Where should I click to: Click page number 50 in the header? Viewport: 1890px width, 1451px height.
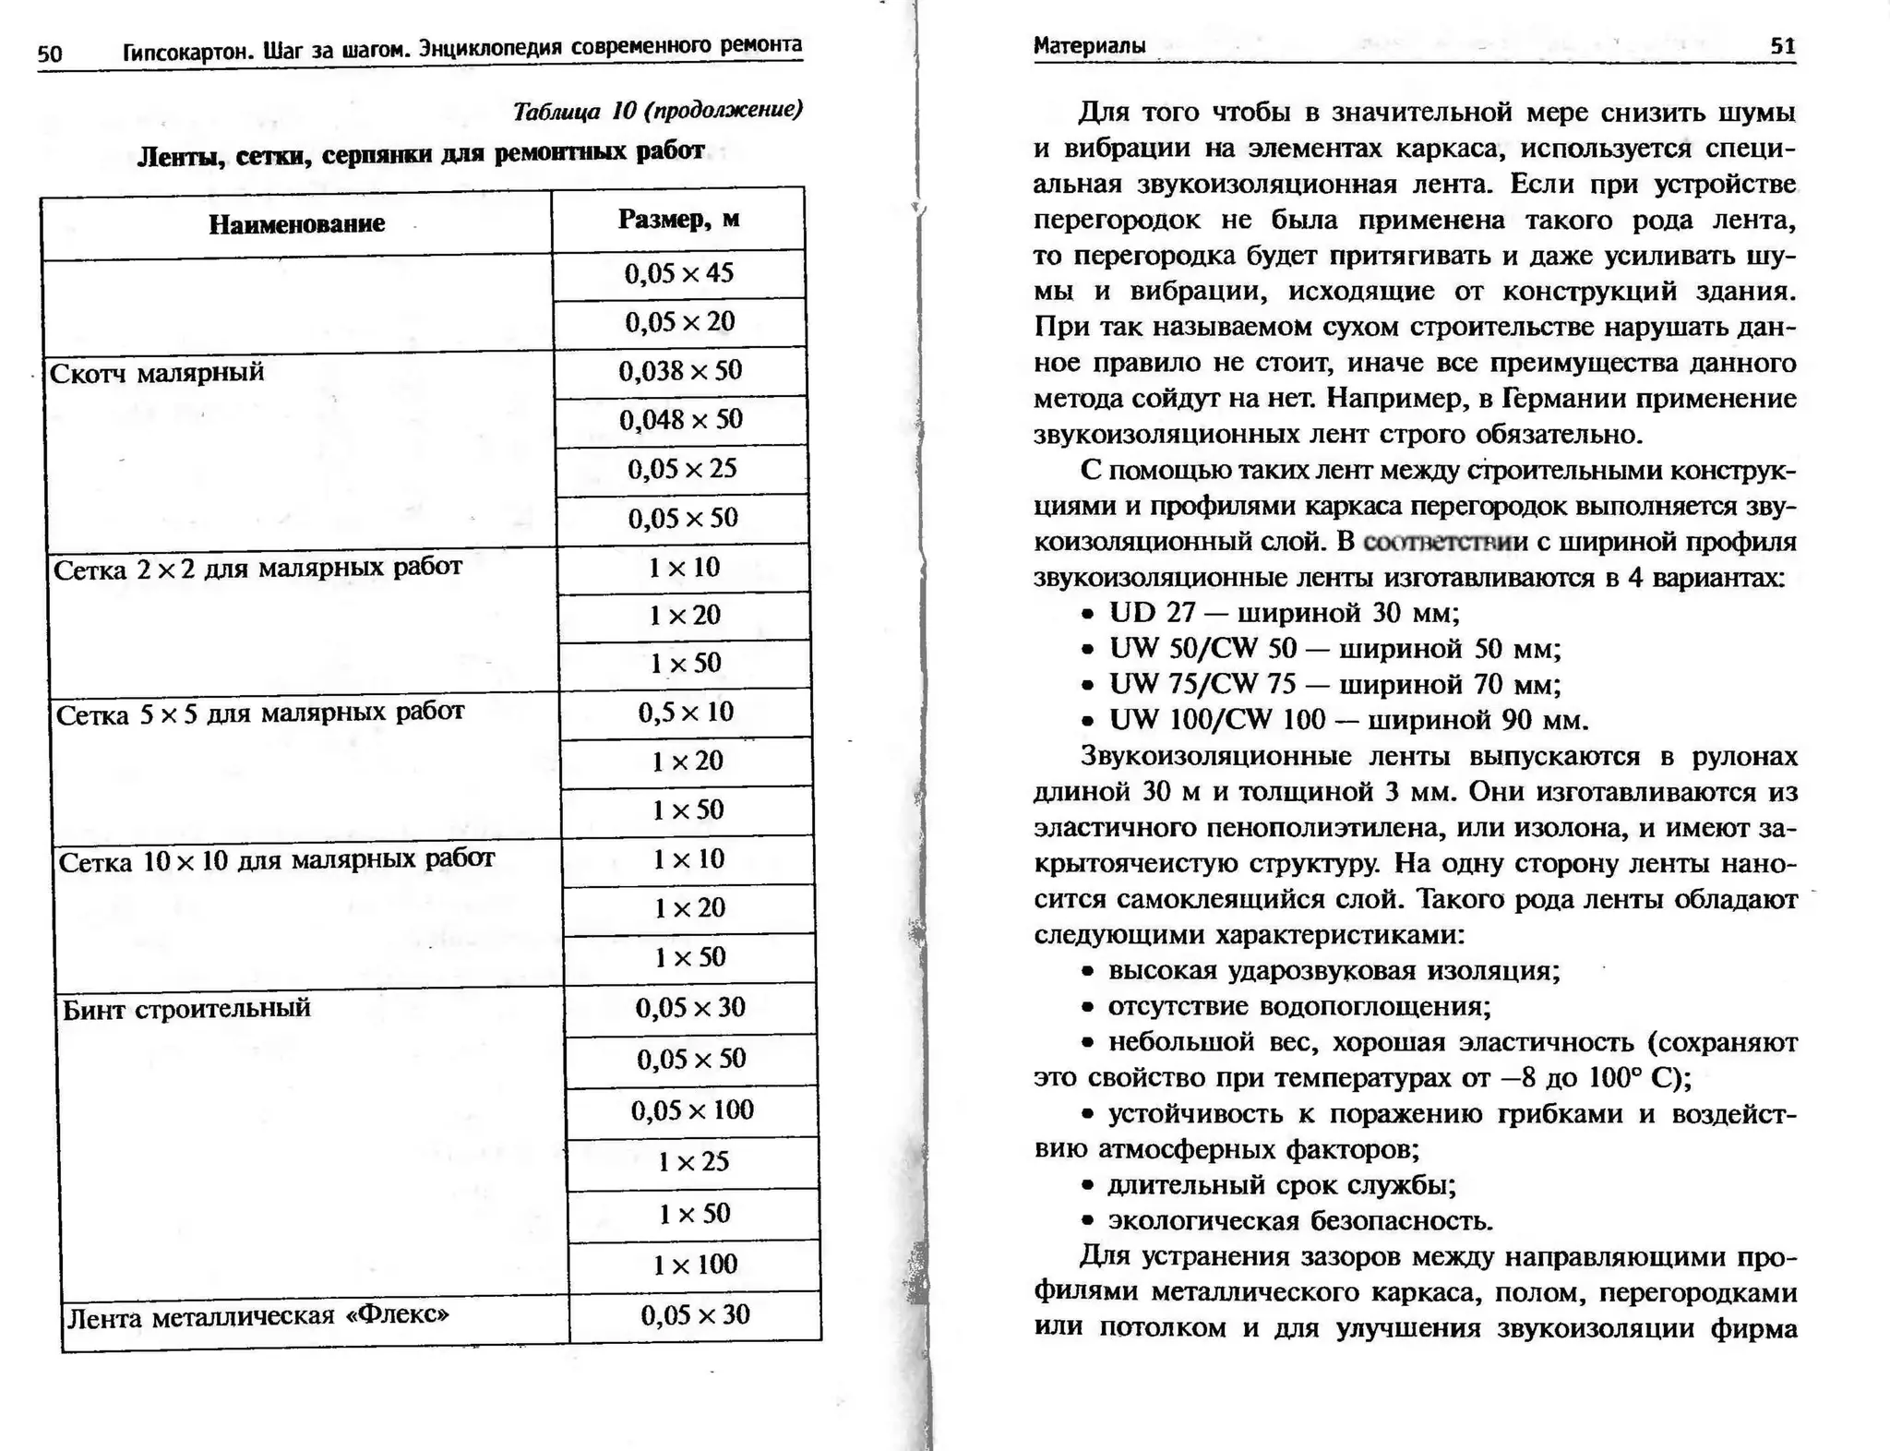tap(50, 54)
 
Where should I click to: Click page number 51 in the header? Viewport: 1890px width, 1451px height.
tap(1783, 46)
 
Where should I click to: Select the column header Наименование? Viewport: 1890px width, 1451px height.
tap(296, 224)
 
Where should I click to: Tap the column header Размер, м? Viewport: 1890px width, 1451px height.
tap(678, 220)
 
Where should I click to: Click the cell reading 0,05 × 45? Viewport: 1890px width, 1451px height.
tap(679, 273)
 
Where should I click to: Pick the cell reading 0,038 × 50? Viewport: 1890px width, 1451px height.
tap(680, 371)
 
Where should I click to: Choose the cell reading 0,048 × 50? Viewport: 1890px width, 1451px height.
tap(681, 420)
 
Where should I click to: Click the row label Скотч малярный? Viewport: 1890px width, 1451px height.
tap(157, 373)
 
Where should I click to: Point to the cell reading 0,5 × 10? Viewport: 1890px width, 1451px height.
tap(686, 713)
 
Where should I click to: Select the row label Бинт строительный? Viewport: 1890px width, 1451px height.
tap(186, 1009)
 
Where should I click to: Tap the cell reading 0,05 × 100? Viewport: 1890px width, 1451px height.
tap(692, 1110)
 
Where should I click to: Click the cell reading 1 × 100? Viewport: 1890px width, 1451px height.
tap(695, 1265)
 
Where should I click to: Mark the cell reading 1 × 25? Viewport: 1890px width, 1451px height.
tap(693, 1161)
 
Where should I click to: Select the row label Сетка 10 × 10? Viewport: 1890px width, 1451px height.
tap(277, 861)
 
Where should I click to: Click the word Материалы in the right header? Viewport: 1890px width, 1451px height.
tap(1089, 46)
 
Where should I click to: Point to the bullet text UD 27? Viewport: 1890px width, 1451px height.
tap(1152, 613)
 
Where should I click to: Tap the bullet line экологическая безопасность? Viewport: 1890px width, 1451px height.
tap(1299, 1222)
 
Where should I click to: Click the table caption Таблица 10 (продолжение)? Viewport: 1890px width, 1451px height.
tap(657, 112)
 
